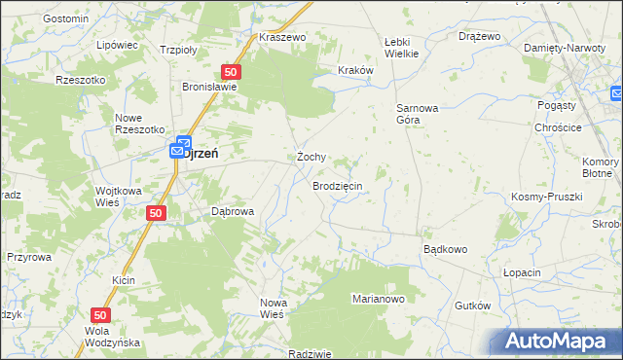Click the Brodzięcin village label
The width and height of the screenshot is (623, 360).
pos(337,185)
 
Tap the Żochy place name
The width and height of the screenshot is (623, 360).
pos(311,157)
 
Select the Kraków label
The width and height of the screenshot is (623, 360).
pos(355,70)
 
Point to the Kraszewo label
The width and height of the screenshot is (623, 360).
pos(282,37)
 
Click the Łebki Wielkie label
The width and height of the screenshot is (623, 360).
pos(400,47)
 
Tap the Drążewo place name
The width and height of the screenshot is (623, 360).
pos(479,36)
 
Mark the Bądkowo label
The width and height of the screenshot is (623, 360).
pos(445,249)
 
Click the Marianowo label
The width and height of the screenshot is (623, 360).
pos(378,299)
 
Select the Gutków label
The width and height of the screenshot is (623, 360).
pos(472,306)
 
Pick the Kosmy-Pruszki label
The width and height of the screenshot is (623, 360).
pos(546,197)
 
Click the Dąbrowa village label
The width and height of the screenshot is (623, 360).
pos(233,211)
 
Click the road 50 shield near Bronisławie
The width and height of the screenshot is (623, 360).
pos(231,72)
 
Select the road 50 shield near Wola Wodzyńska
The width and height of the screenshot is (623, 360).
pos(100,315)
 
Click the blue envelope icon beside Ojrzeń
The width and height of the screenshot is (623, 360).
pos(177,151)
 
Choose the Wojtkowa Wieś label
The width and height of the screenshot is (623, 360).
pos(120,197)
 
